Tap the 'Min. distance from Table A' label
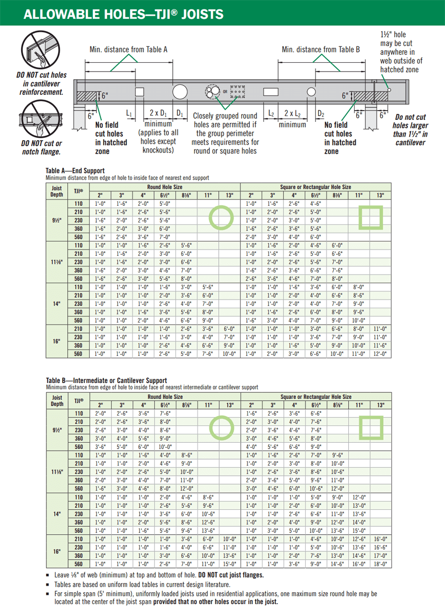click(x=128, y=49)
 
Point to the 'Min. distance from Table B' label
click(x=321, y=49)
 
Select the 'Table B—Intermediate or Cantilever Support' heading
click(x=106, y=381)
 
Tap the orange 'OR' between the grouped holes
click(x=226, y=92)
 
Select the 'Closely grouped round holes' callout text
click(x=224, y=132)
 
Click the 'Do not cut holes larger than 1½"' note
click(x=411, y=130)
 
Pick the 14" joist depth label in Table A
click(x=57, y=304)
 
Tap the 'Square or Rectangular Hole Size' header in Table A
click(x=316, y=188)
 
